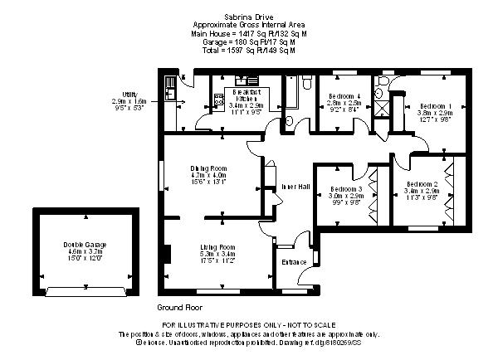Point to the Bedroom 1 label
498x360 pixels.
tap(435, 105)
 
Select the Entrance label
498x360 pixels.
tap(294, 262)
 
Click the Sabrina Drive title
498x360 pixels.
tap(248, 16)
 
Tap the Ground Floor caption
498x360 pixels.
tap(174, 307)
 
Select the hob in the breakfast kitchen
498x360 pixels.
tap(220, 100)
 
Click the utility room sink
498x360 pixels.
tap(168, 82)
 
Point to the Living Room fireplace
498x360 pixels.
tap(167, 253)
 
